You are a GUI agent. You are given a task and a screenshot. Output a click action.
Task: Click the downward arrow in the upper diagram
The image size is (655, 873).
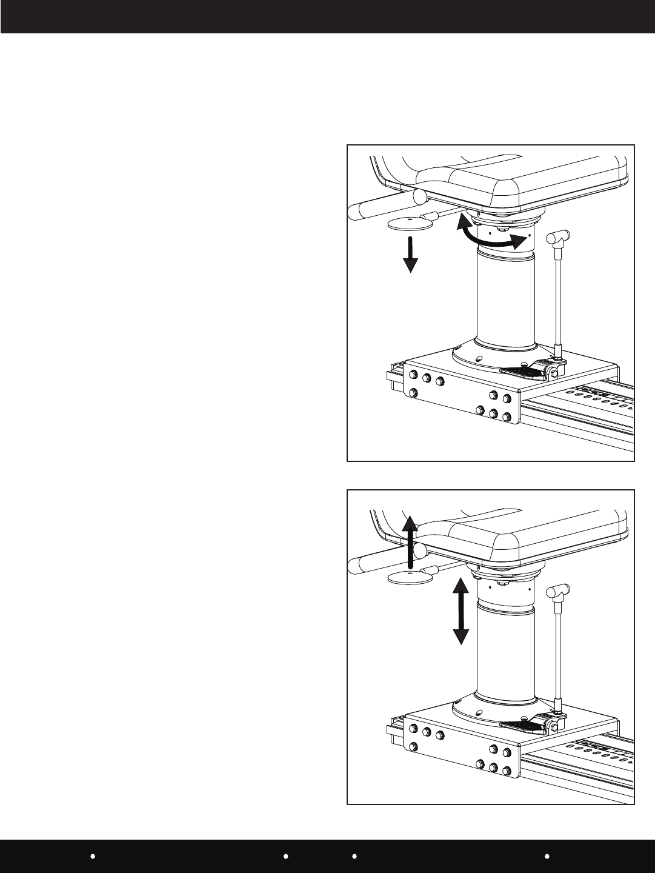(410, 254)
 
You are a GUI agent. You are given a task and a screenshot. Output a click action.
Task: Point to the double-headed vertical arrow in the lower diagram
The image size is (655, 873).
(460, 611)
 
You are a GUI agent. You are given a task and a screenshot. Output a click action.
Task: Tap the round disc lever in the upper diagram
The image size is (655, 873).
(410, 224)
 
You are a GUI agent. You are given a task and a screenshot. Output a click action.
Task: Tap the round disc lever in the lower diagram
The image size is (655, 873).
(408, 577)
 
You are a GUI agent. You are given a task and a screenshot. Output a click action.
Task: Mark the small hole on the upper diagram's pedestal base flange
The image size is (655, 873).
(478, 358)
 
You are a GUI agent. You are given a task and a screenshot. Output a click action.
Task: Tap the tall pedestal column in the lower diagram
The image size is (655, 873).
(506, 655)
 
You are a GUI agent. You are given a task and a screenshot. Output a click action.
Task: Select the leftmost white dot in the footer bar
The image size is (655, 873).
(93, 857)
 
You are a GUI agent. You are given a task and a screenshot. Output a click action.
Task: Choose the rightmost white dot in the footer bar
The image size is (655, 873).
(547, 857)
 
